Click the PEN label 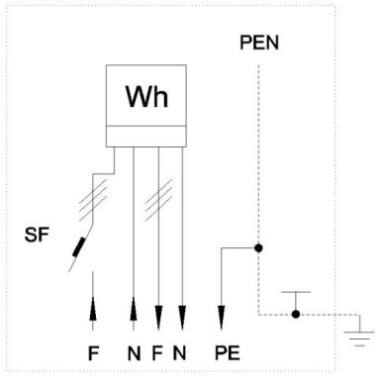(259, 43)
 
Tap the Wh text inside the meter (146, 97)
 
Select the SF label (37, 235)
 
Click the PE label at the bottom (227, 353)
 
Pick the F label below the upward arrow (93, 353)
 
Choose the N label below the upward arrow (134, 353)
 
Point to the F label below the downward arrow (157, 353)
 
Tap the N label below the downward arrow (179, 353)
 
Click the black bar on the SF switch (79, 246)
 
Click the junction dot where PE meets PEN (258, 247)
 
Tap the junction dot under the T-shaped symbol (296, 314)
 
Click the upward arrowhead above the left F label (93, 309)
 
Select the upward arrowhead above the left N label (134, 309)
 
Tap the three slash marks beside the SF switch (93, 200)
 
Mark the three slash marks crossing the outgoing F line (158, 200)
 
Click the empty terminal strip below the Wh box (146, 136)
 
